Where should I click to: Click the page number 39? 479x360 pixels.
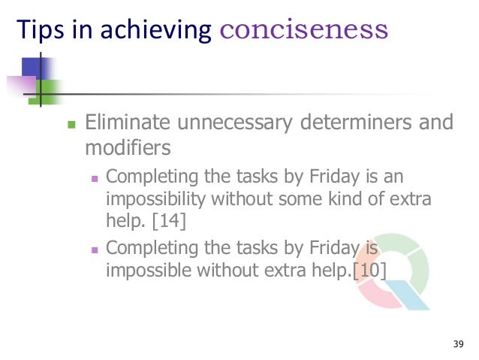tap(459, 345)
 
